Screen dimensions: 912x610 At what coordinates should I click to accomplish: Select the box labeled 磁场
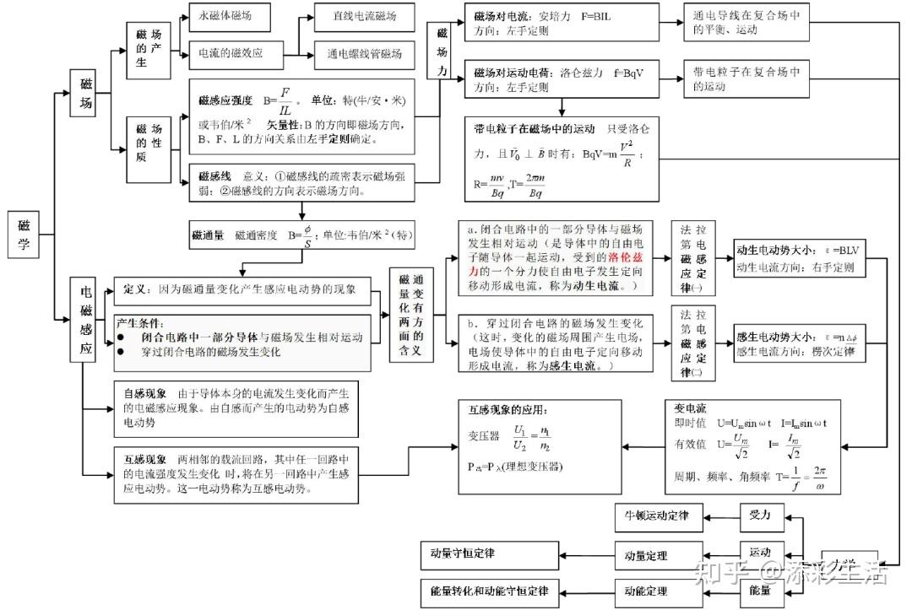pyautogui.click(x=87, y=94)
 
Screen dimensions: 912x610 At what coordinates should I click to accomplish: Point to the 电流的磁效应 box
pyautogui.click(x=230, y=53)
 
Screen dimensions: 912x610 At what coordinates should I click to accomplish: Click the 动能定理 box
pyautogui.click(x=646, y=591)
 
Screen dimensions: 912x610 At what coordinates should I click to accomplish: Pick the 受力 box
pyautogui.click(x=760, y=514)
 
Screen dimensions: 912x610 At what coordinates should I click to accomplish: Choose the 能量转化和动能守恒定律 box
pyautogui.click(x=489, y=591)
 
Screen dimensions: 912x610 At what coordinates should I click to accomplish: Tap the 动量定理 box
pyautogui.click(x=646, y=555)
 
